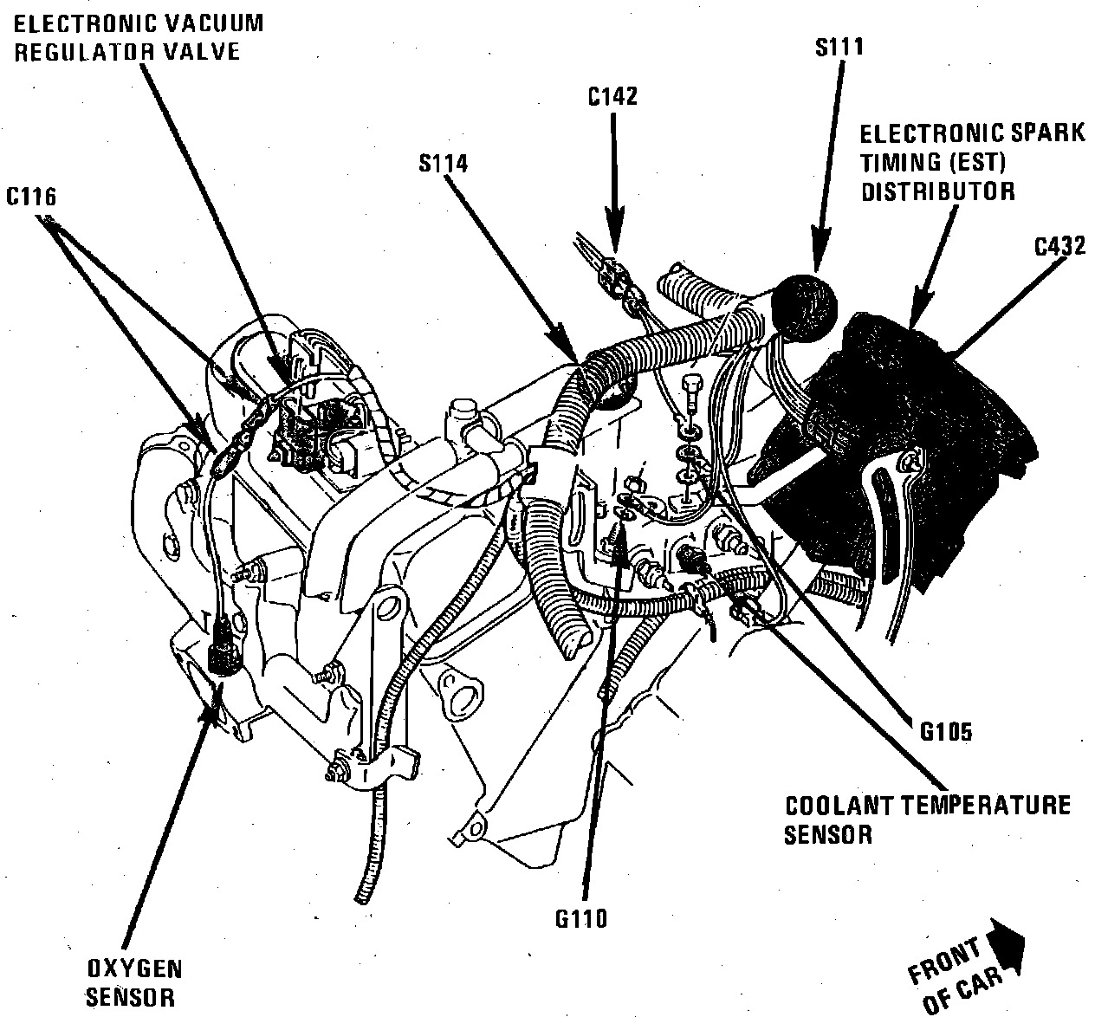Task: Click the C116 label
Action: coord(32,198)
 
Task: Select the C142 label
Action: coord(612,96)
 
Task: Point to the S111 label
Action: coord(839,46)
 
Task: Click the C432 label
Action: coord(1059,246)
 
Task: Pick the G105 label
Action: coord(946,731)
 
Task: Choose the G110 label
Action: coord(582,918)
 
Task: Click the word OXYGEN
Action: coord(135,968)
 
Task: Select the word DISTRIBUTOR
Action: coord(937,191)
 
